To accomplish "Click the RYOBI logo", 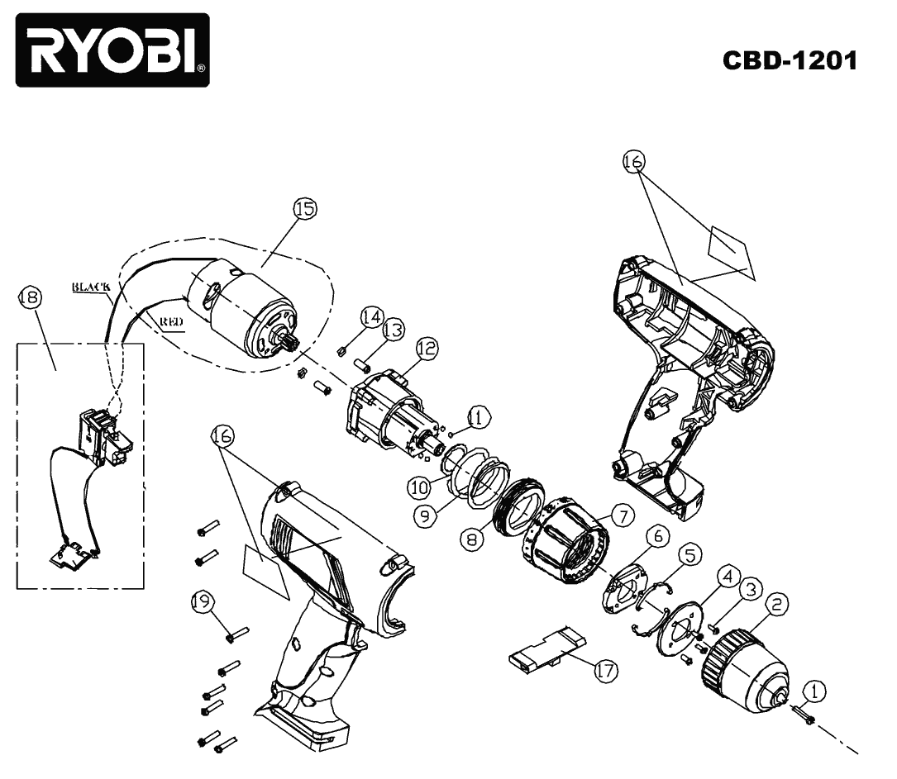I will (x=112, y=50).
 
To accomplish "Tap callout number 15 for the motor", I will (x=305, y=210).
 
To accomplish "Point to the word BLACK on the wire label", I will (x=92, y=287).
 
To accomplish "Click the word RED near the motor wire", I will (x=171, y=323).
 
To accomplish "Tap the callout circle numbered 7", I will (x=622, y=518).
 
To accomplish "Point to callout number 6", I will (x=658, y=536).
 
